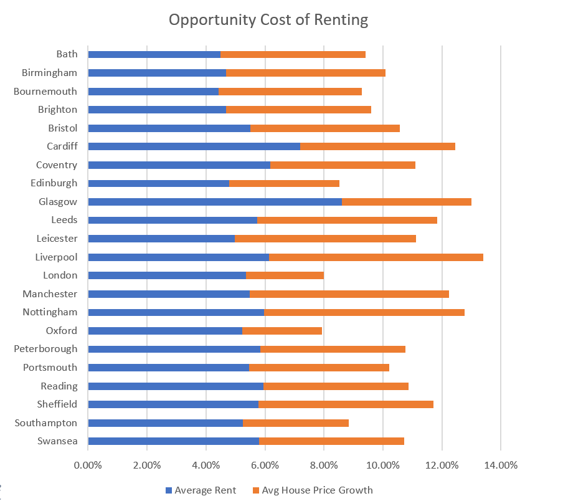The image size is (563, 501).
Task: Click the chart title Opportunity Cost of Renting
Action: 268,20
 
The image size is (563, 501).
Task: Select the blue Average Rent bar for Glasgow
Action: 215,202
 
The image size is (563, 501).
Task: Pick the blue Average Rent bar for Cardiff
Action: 194,146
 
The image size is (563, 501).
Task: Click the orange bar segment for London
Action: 285,275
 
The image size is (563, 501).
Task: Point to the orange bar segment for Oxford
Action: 282,331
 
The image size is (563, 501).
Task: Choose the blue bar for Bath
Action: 154,54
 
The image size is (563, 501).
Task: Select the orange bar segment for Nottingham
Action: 364,312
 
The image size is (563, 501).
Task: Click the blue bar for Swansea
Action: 173,441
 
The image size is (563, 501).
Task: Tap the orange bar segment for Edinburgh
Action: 284,183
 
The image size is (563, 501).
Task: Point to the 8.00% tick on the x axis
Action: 324,465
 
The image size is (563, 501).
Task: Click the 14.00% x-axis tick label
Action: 501,465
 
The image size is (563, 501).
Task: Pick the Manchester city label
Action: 50,293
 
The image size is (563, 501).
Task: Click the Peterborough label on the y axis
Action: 45,349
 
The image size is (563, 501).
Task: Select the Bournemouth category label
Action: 45,91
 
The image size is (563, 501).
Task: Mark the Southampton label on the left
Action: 46,423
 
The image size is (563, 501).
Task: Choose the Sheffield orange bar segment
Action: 346,404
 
